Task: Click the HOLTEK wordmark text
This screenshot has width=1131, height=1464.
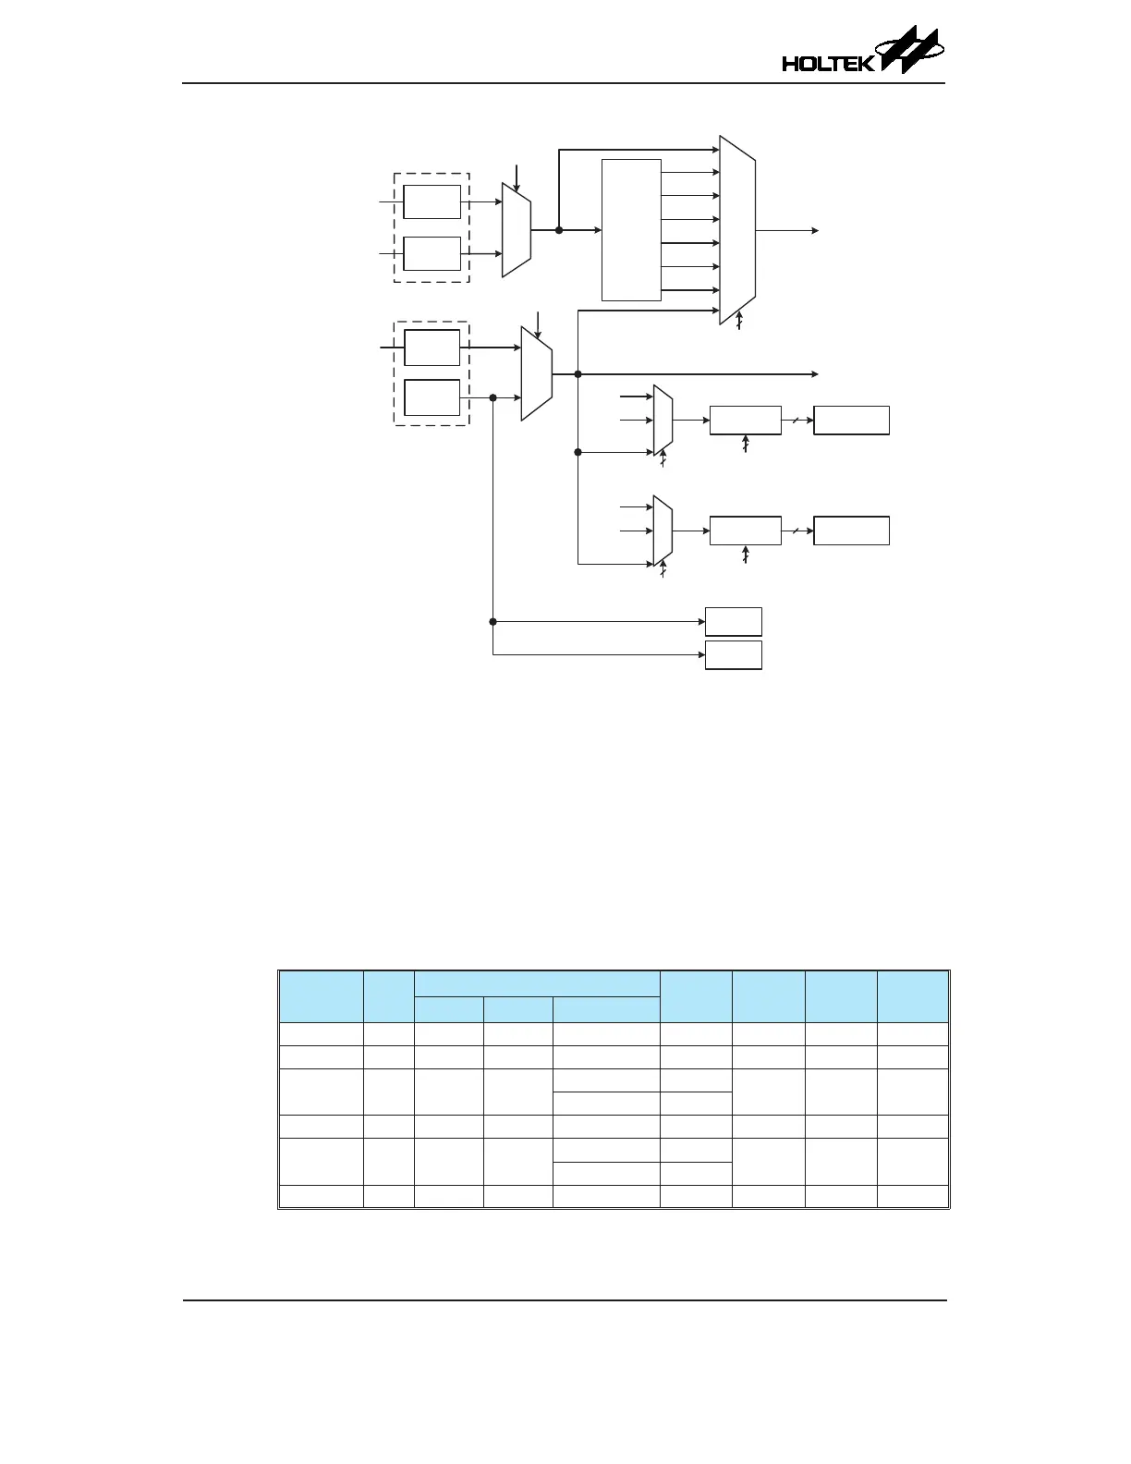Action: pyautogui.click(x=827, y=64)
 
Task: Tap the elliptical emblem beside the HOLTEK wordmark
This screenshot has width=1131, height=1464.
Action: pyautogui.click(x=910, y=50)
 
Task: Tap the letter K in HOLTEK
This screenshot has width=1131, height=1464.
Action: pyautogui.click(x=865, y=64)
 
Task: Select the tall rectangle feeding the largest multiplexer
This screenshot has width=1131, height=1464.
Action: pyautogui.click(x=631, y=230)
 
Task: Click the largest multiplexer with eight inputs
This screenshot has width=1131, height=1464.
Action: pyautogui.click(x=737, y=230)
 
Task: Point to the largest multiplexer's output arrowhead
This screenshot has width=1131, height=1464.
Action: pyautogui.click(x=814, y=230)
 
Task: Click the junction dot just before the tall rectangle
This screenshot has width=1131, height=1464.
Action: pyautogui.click(x=559, y=230)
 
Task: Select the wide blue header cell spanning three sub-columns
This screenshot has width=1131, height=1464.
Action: pyautogui.click(x=537, y=983)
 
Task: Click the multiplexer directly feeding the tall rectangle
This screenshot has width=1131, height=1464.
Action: pyautogui.click(x=516, y=230)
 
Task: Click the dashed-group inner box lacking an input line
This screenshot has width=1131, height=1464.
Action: pyautogui.click(x=432, y=397)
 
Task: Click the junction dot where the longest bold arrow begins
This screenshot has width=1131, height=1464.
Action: pyautogui.click(x=578, y=374)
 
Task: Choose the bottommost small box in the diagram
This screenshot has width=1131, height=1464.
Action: pyautogui.click(x=733, y=654)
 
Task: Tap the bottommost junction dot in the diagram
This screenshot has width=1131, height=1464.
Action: pyautogui.click(x=493, y=621)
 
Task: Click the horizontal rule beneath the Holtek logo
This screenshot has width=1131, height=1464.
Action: pyautogui.click(x=564, y=83)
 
